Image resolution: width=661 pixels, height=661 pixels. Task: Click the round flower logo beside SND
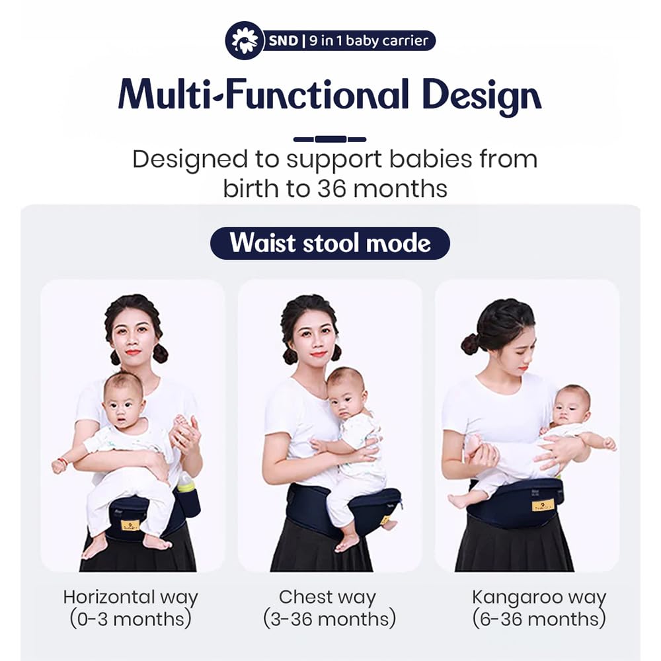point(245,40)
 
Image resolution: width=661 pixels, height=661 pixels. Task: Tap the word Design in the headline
point(481,96)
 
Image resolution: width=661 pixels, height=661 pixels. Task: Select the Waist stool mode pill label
point(330,243)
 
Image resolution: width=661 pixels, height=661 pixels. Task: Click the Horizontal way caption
point(131,598)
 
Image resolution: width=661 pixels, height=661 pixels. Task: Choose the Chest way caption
point(327,598)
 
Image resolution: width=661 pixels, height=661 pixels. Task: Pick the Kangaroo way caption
point(539,598)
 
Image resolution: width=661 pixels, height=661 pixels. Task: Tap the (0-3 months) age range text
point(131,619)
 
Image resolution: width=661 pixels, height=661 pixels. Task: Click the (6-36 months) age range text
point(539,619)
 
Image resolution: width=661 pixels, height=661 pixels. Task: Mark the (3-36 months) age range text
point(329,619)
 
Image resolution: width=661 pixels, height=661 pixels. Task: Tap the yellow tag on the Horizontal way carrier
point(128,525)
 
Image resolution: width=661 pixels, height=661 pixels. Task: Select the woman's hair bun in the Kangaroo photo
point(469,344)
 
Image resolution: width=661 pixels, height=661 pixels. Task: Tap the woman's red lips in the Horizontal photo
point(134,352)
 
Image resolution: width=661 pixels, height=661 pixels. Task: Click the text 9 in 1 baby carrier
point(368,40)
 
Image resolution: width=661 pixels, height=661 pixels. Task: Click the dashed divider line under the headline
point(330,139)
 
